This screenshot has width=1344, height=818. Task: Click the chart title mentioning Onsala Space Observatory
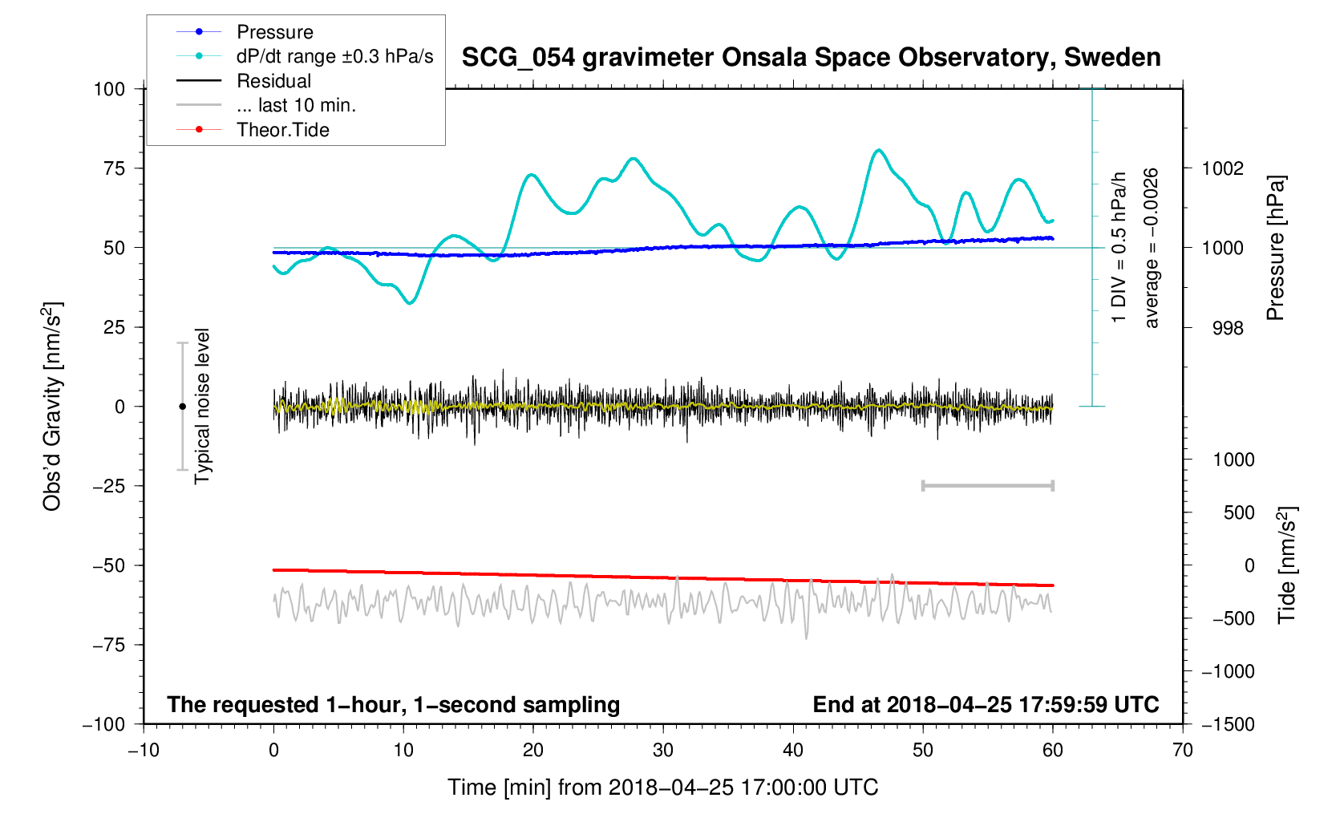pos(811,58)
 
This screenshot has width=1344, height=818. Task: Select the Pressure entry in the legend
pos(274,32)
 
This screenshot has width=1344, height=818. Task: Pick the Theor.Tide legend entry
pos(282,130)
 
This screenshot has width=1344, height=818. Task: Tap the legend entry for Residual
pos(273,81)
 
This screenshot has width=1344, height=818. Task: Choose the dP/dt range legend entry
pos(334,56)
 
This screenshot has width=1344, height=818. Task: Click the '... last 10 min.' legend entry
pos(296,105)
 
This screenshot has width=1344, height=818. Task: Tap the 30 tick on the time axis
pos(663,751)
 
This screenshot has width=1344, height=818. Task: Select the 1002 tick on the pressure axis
pos(1222,168)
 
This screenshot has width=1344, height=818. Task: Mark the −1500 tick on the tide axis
pos(1228,724)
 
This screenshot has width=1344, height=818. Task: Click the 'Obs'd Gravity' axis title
pos(52,407)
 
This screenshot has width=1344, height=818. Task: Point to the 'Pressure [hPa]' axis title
pos(1276,248)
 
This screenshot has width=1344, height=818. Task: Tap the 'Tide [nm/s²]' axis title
pos(1287,565)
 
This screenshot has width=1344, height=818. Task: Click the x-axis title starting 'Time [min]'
pos(662,788)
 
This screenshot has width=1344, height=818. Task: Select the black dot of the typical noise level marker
pos(182,407)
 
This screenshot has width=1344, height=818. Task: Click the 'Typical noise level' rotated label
pos(202,406)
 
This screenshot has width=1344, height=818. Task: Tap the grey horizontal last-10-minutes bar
pos(987,485)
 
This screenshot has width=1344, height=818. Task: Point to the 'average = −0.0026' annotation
pos(1152,248)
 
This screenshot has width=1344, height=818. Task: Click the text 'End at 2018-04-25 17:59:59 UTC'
pos(986,705)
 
